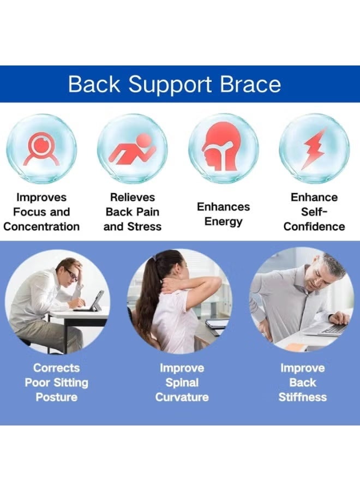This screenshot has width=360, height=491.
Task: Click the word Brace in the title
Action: coord(250,84)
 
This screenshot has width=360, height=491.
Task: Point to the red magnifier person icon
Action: coord(41,148)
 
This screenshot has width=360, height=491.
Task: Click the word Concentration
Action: coord(41,226)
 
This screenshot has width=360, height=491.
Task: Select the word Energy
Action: coord(223,221)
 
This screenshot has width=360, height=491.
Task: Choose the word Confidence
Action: coord(314,226)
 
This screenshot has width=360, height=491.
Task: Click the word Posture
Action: coord(56,397)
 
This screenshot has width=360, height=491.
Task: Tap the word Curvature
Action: coord(182,397)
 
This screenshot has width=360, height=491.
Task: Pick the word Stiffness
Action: coord(302,397)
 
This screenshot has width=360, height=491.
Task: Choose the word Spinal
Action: coord(182,382)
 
